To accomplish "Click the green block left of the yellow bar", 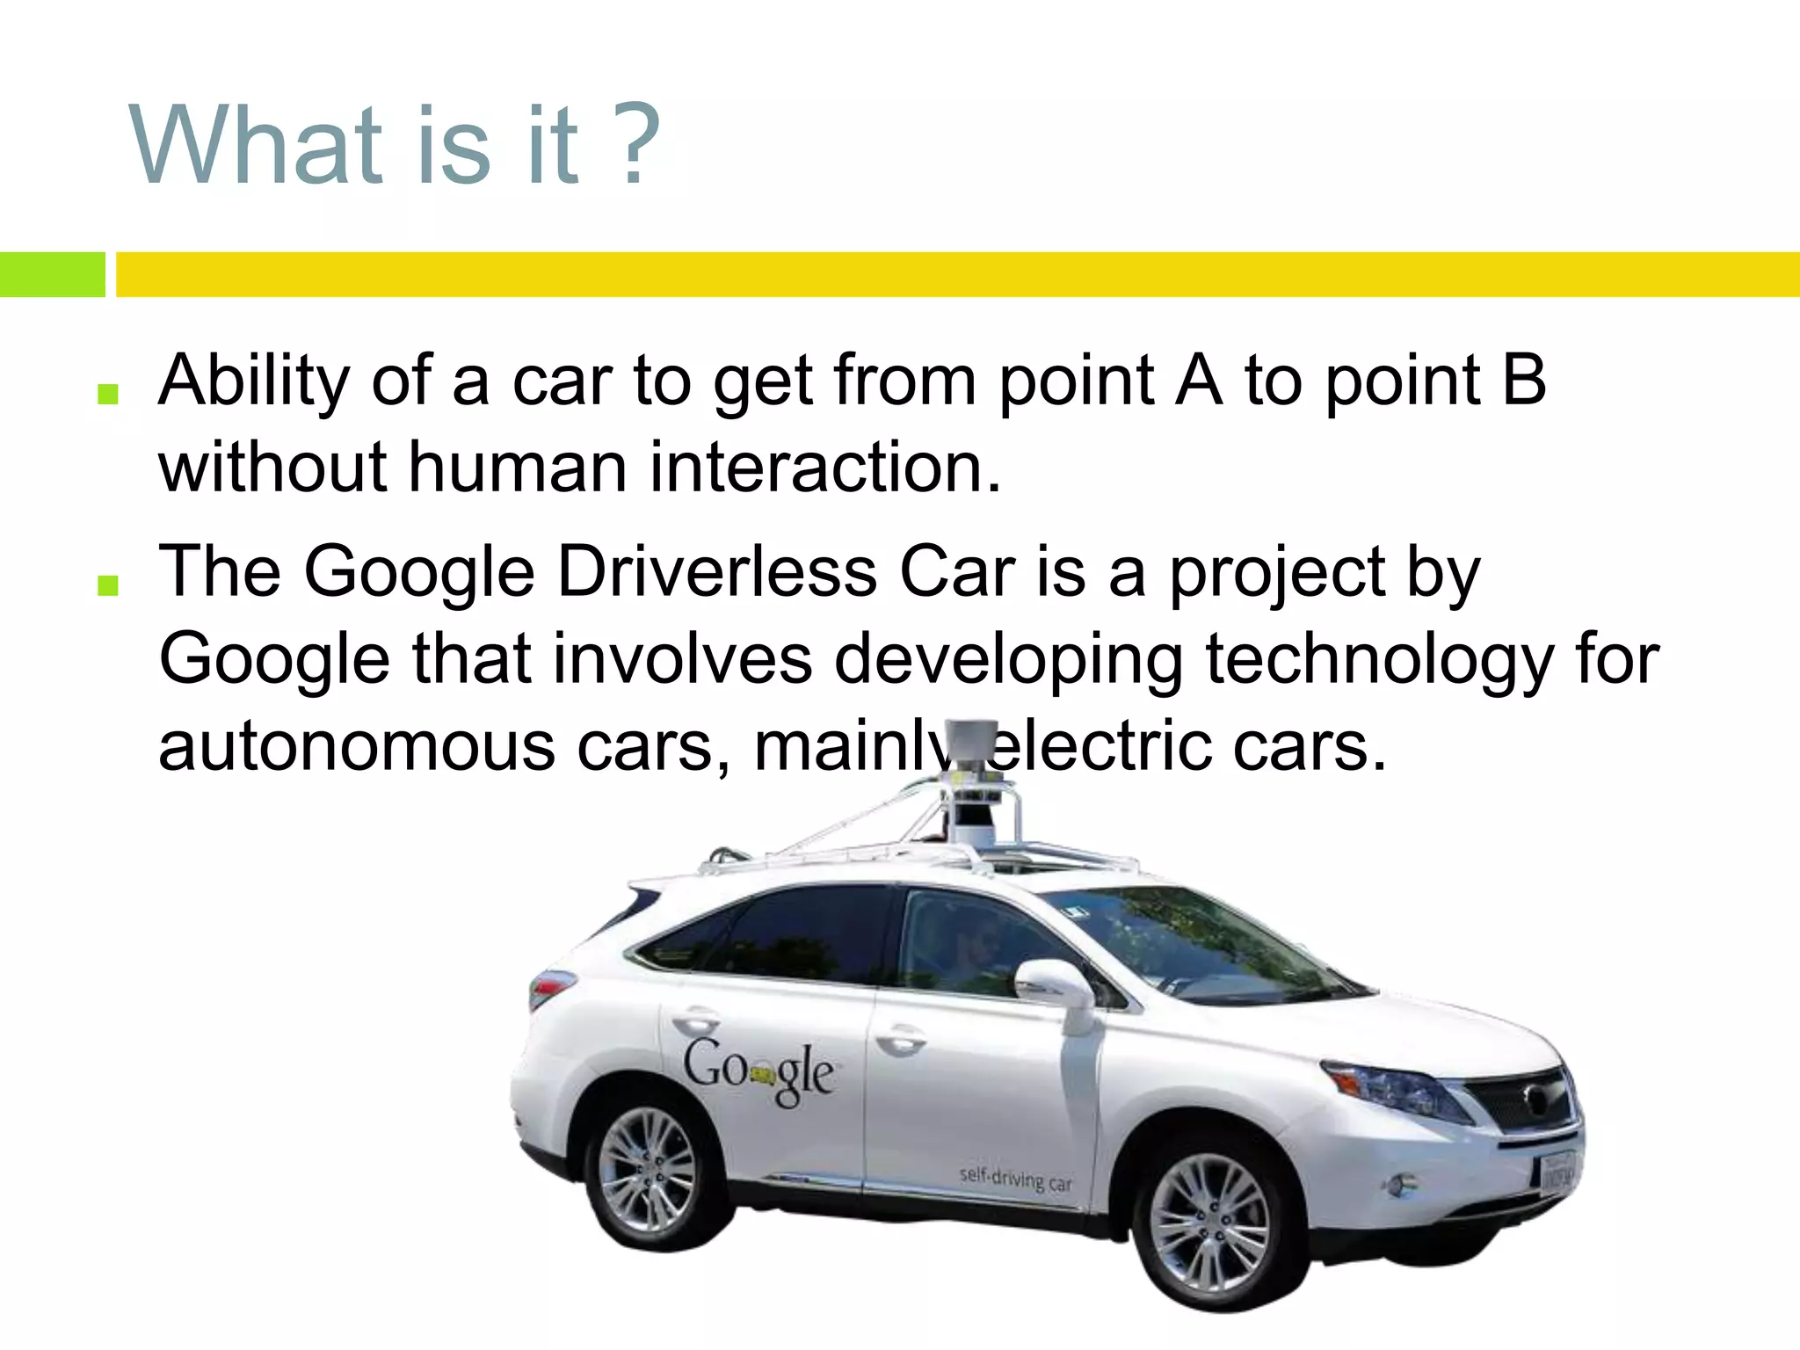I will [52, 274].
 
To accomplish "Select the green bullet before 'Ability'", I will [108, 394].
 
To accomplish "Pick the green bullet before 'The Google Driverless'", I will [108, 585].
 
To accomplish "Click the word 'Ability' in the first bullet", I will [255, 382].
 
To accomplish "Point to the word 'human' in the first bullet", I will [517, 468].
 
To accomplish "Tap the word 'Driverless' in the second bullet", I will [716, 573].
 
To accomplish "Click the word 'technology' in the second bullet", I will [1378, 661].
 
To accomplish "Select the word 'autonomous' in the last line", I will [356, 747].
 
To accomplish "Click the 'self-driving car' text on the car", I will [1015, 1178].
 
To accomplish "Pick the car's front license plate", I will [1557, 1171].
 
